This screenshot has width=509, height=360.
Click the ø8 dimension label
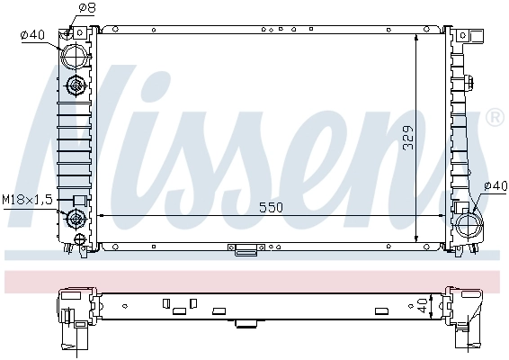tap(87, 8)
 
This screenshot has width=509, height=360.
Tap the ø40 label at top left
tap(32, 35)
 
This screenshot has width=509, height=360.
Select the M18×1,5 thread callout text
tap(26, 198)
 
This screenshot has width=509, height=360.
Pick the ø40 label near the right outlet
tap(495, 186)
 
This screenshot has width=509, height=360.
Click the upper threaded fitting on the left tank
tap(76, 86)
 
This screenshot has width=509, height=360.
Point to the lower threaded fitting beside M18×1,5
tap(76, 218)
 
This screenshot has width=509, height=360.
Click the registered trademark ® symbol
tap(494, 118)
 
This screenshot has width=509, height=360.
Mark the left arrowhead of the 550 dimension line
tap(101, 216)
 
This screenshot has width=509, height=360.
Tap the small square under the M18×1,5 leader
tap(79, 200)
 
